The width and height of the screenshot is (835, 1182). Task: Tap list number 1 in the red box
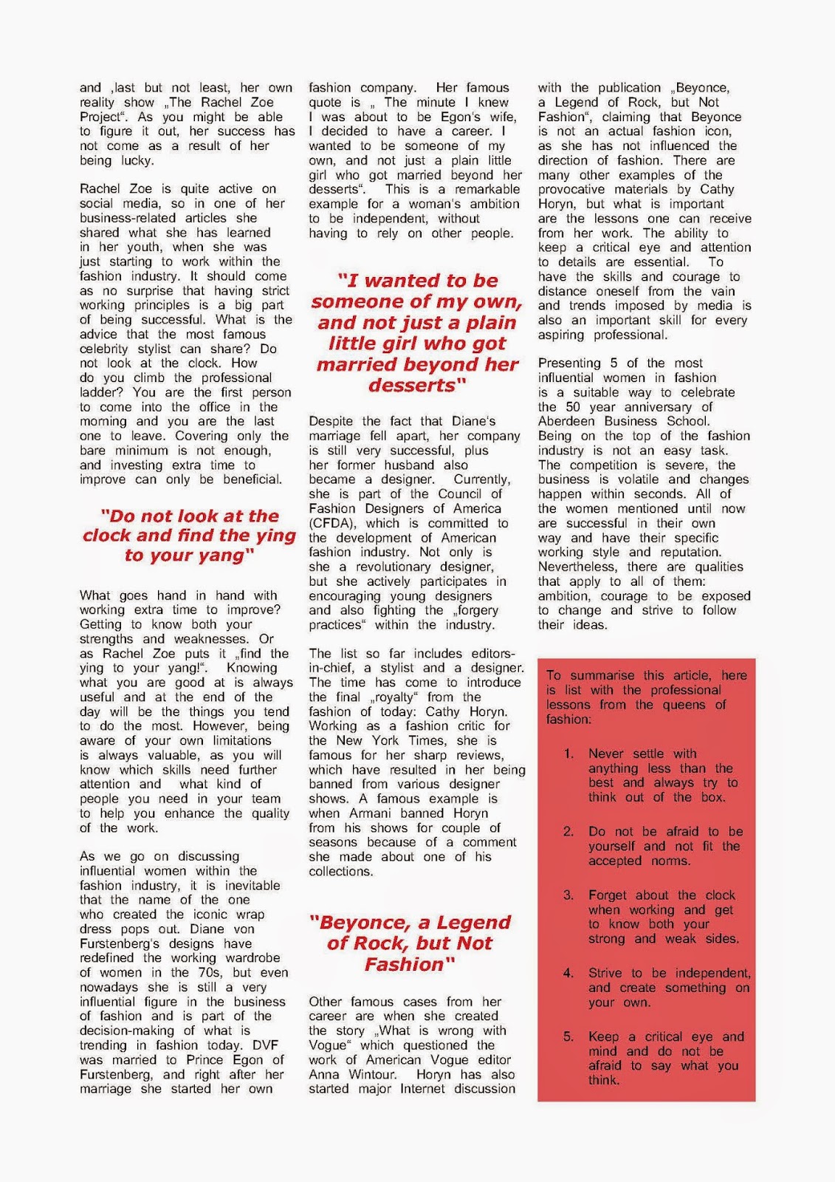click(x=568, y=754)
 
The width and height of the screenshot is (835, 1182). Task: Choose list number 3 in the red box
click(x=568, y=895)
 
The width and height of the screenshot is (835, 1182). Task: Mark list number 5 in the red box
click(x=568, y=1037)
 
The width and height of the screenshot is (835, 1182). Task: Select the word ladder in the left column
click(x=100, y=392)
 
